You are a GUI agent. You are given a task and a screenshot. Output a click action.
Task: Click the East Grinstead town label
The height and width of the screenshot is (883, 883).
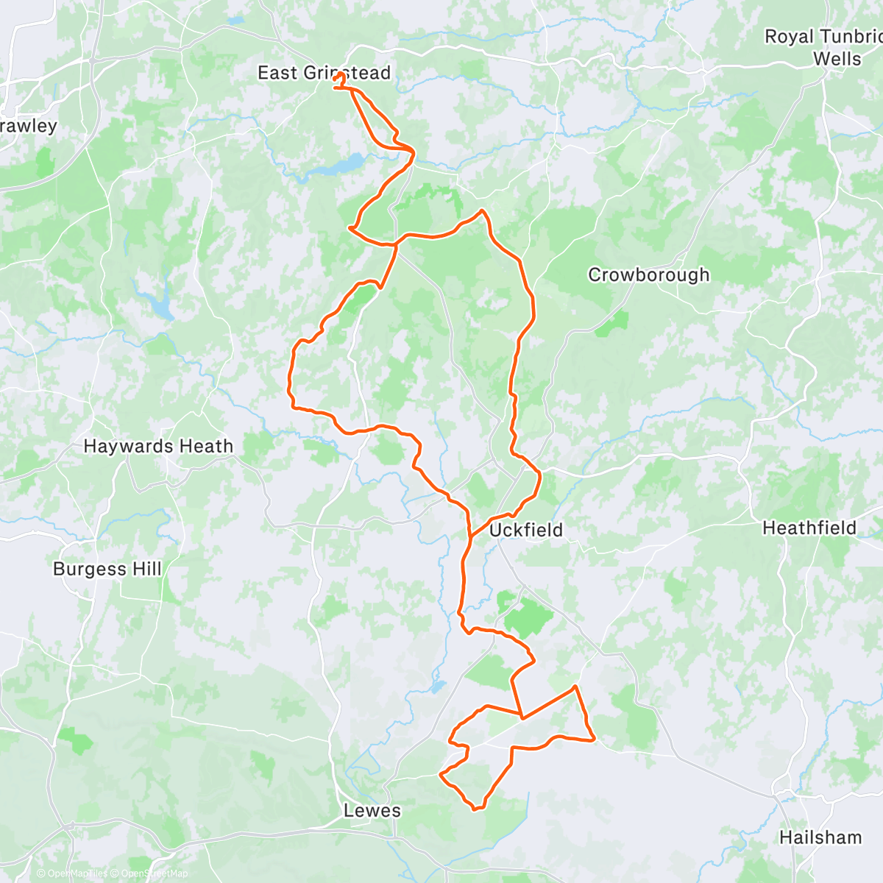coord(324,73)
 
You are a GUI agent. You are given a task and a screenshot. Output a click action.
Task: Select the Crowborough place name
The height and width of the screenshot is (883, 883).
coord(648,274)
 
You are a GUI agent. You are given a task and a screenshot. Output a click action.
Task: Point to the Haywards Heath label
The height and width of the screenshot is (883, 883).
coord(158,446)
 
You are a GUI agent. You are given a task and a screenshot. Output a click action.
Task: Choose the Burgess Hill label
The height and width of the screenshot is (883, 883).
coord(107,569)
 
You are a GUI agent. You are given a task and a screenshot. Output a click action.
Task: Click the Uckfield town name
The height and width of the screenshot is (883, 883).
coord(525,530)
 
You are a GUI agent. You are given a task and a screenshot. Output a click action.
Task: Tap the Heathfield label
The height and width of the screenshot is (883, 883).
coord(809,528)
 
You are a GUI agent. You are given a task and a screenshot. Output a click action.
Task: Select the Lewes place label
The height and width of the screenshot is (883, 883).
coord(372,811)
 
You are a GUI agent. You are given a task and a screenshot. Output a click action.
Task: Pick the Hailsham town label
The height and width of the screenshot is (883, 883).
coord(820,837)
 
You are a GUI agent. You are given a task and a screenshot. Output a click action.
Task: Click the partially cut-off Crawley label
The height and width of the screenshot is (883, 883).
coord(28,126)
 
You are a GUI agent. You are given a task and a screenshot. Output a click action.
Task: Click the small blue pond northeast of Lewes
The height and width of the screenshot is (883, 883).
coord(438,687)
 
